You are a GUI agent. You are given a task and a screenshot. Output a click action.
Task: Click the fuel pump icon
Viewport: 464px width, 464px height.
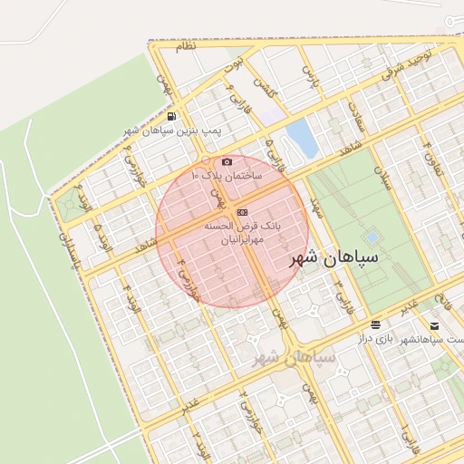pos(172,116)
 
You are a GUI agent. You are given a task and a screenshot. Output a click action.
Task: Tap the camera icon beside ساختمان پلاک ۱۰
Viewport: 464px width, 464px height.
pos(227,161)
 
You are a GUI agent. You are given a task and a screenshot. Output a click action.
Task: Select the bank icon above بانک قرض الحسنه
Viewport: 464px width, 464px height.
pos(241,212)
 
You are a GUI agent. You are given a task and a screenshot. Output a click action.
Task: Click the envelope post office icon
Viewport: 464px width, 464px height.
pos(435,325)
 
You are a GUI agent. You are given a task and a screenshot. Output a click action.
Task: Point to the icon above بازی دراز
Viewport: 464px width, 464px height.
pos(375,324)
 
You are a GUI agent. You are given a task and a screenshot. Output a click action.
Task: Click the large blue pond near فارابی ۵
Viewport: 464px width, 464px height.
pos(300,137)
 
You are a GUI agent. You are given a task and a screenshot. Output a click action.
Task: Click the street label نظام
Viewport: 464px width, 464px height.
pos(184,47)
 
